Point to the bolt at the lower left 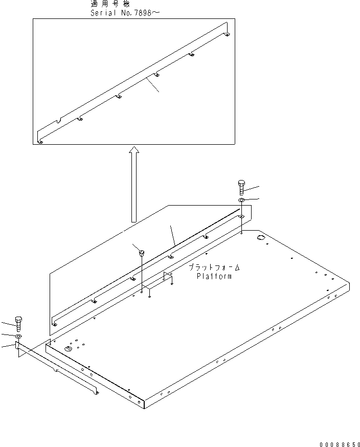(19, 323)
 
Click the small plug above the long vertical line (141, 251)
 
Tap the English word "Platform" (214, 277)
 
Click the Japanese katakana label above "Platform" (214, 268)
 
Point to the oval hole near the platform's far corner (260, 239)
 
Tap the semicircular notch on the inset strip (60, 121)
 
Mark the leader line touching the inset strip (153, 85)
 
